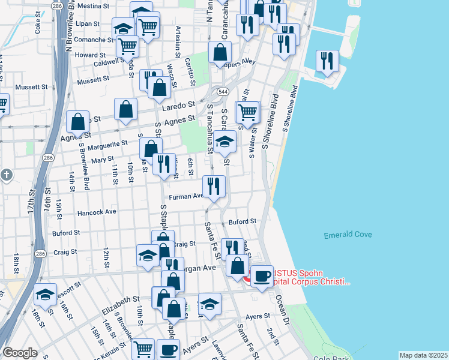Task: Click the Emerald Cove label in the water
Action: click(x=348, y=235)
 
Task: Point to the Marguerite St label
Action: click(x=108, y=144)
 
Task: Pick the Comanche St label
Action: click(x=94, y=40)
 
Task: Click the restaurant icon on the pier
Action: click(x=327, y=61)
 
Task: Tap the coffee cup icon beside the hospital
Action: click(x=262, y=276)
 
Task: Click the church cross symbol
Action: click(x=7, y=175)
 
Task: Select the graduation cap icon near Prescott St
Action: click(x=45, y=295)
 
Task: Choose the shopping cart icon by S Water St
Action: click(x=248, y=111)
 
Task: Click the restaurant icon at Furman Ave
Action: click(x=214, y=185)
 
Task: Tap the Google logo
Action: click(x=20, y=353)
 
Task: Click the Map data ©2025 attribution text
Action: click(x=423, y=355)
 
